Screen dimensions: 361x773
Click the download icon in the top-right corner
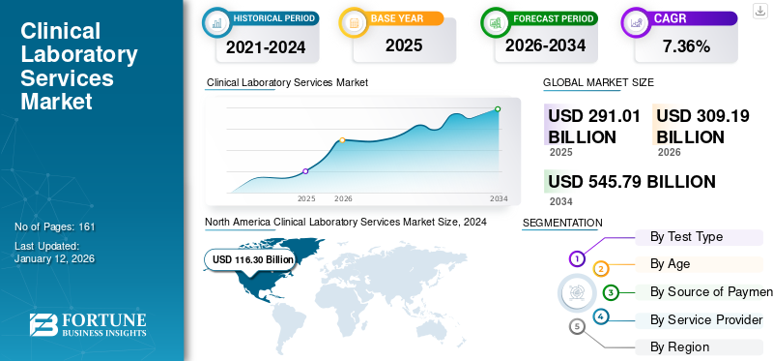pos(759,12)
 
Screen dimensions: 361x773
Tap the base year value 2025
pos(404,45)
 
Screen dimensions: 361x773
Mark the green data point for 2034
pos(498,109)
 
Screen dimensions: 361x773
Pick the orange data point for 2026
pos(342,140)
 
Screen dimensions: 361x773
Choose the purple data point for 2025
pos(305,171)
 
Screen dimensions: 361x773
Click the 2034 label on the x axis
pos(499,198)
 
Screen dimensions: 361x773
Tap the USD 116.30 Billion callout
pos(252,259)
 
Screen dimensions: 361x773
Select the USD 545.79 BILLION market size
pos(631,182)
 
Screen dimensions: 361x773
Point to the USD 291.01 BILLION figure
pos(594,126)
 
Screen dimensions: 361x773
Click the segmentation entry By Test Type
pos(686,236)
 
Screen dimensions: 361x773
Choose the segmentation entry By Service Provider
pos(706,319)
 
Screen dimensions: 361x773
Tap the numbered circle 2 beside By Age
pos(601,268)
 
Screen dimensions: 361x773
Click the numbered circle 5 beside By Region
pos(577,327)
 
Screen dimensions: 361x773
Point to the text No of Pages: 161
pos(55,226)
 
